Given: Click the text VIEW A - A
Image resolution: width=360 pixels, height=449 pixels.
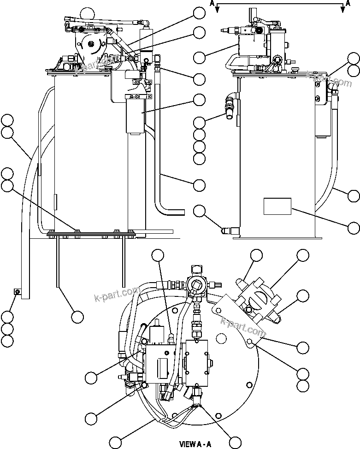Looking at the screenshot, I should tap(195, 444).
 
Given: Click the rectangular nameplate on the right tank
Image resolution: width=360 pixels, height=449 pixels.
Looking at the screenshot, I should tap(277, 206).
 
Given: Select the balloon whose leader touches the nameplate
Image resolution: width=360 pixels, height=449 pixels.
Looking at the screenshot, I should tap(354, 227).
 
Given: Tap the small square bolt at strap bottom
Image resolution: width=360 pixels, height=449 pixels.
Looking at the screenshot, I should tap(17, 291).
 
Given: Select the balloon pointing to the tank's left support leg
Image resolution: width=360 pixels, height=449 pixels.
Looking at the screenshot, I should tap(77, 317).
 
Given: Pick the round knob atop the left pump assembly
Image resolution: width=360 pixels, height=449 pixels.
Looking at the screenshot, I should tap(86, 14).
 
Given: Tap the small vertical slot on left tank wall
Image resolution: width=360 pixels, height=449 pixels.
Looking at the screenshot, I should tap(55, 201).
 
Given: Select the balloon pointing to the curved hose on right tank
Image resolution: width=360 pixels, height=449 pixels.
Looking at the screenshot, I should tap(354, 195).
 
